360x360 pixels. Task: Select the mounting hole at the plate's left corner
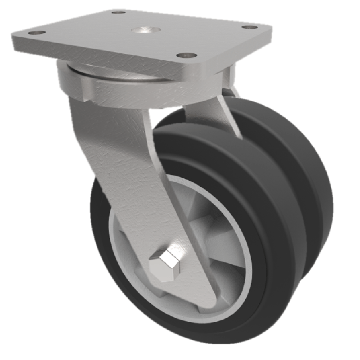(36, 33)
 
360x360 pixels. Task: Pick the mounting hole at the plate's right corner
(247, 27)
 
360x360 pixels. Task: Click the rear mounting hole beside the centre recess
(118, 12)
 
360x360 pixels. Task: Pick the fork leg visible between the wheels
(211, 112)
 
